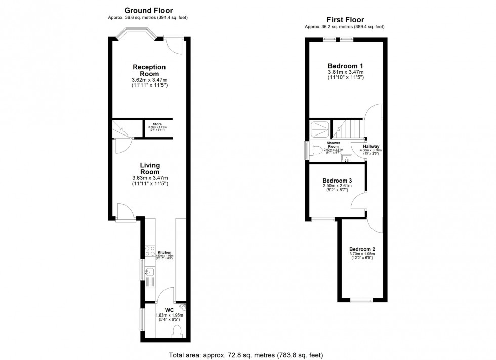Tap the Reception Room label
pos(149,70)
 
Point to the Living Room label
pos(150,168)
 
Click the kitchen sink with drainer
pos(151,275)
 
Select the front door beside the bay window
pos(174,43)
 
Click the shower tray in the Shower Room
pos(319,129)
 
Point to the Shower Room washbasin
pos(347,158)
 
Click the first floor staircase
pos(351,128)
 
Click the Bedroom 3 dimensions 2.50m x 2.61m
pos(337,186)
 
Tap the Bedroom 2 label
pos(362,249)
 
